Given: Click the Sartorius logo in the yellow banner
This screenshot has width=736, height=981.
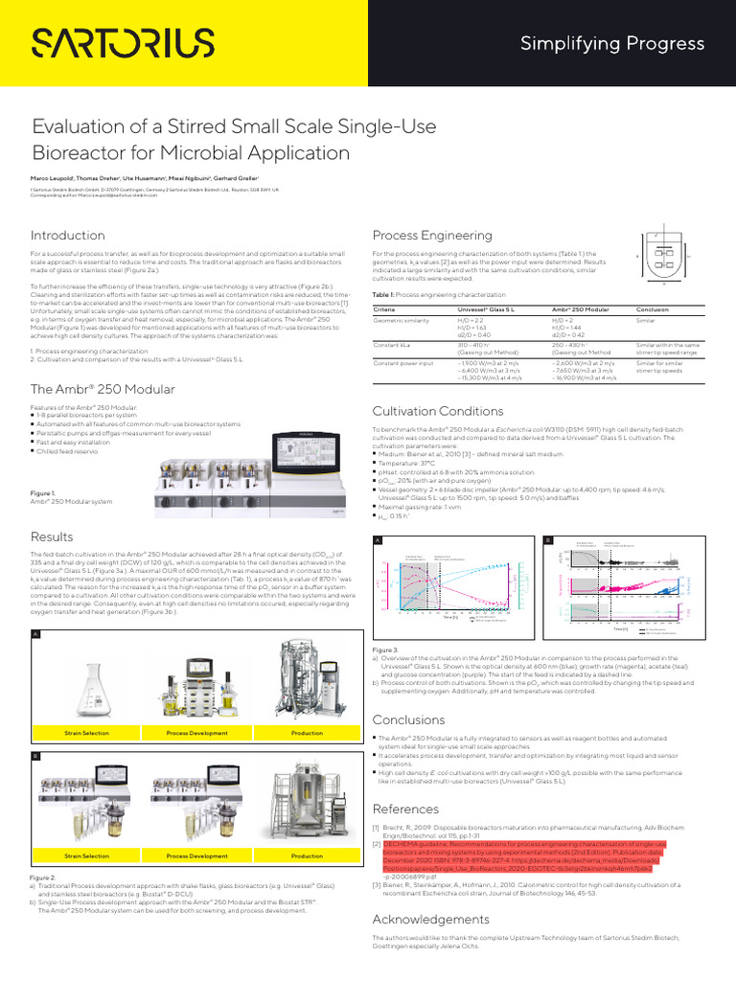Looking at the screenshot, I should pyautogui.click(x=125, y=43).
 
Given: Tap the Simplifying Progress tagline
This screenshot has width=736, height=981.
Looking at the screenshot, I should pyautogui.click(x=611, y=43).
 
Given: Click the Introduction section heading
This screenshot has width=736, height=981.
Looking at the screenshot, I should pyautogui.click(x=67, y=236).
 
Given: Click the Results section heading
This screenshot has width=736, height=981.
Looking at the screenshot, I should pyautogui.click(x=52, y=536).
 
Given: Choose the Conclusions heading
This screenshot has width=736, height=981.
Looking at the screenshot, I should pyautogui.click(x=408, y=719).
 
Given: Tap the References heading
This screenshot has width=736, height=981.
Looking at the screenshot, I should pyautogui.click(x=405, y=810).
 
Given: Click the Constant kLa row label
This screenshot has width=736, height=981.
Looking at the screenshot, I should pyautogui.click(x=392, y=343).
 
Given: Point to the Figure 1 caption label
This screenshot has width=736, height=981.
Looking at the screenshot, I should pyautogui.click(x=43, y=492).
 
